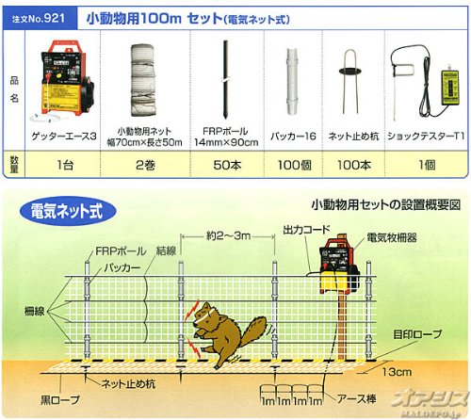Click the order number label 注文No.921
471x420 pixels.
point(39,19)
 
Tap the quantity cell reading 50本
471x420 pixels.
point(227,165)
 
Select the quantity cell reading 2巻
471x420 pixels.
point(145,165)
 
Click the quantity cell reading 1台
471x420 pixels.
point(65,165)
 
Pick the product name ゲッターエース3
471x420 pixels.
point(64,137)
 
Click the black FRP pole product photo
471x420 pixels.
point(225,79)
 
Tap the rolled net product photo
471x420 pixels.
point(143,80)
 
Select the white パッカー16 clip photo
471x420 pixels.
point(292,82)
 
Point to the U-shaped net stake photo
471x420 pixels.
point(350,80)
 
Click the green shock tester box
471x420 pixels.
point(450,87)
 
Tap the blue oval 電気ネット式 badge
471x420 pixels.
point(67,211)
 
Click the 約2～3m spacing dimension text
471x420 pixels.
point(228,235)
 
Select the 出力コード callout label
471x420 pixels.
point(306,230)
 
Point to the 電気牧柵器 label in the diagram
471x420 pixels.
point(392,237)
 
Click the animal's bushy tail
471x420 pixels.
point(253,331)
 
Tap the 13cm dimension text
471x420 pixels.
point(397,372)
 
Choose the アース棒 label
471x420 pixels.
point(356,399)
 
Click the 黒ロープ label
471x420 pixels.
point(60,400)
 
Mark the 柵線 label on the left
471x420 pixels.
point(34,312)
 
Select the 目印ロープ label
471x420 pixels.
point(417,334)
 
